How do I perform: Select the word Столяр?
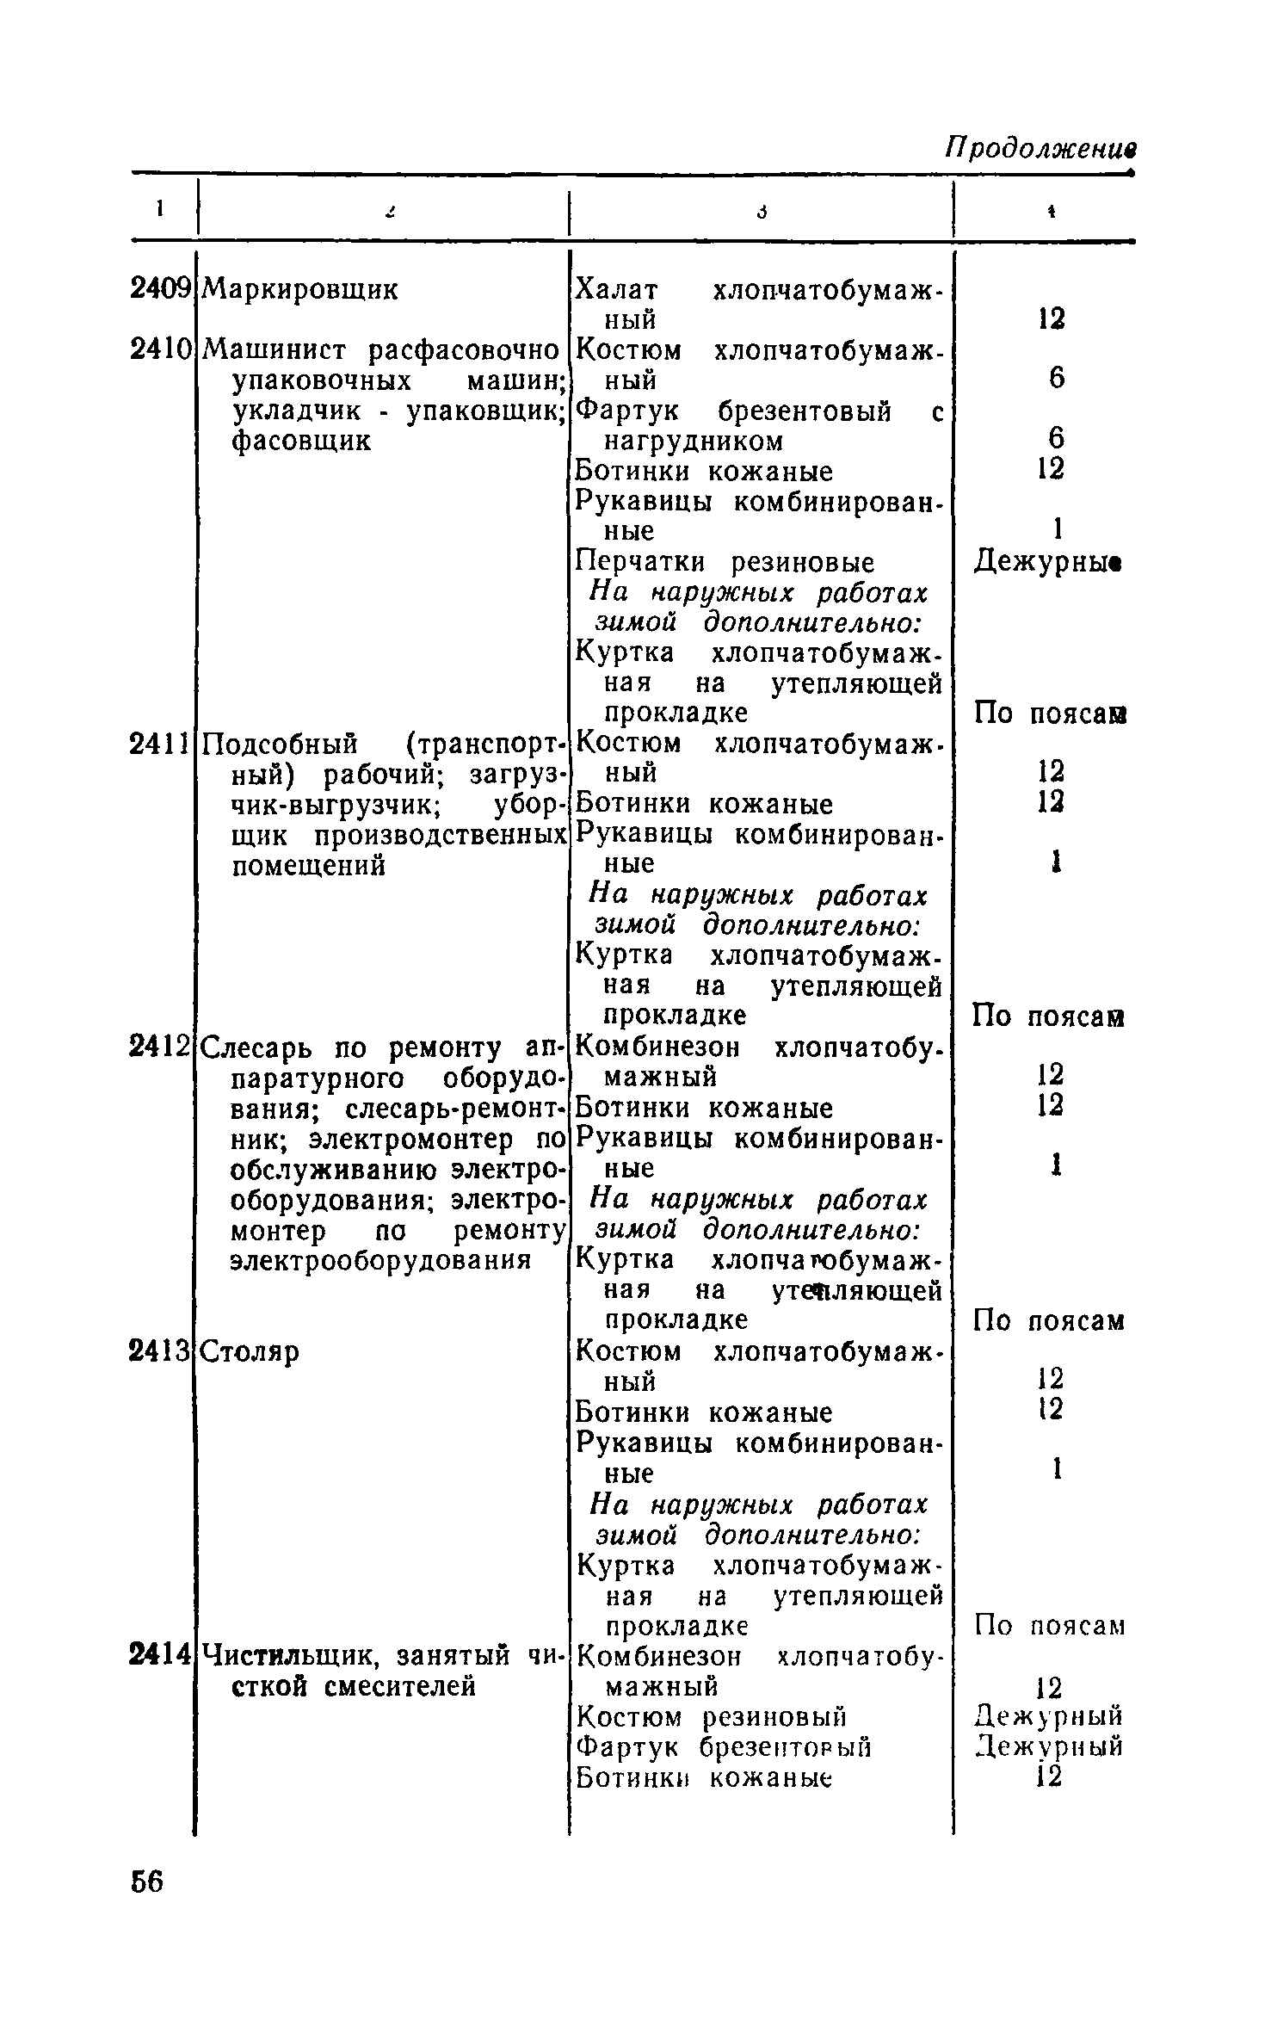click(251, 1352)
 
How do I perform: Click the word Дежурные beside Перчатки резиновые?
click(1049, 562)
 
